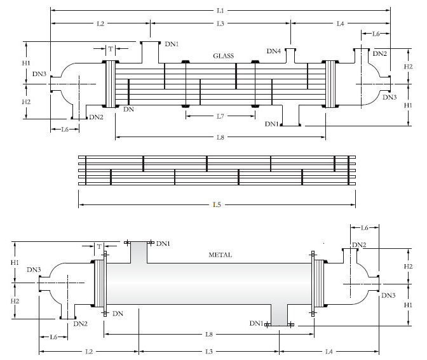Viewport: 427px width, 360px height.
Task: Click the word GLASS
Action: [223, 56]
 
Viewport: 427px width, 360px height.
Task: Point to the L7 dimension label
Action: [220, 116]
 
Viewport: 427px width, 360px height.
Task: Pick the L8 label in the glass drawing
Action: [220, 137]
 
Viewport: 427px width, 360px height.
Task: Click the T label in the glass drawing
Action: [111, 48]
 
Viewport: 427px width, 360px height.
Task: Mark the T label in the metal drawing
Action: [99, 246]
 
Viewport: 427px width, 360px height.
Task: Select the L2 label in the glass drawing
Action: [100, 23]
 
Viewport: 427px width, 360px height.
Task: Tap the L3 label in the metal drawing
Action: [208, 351]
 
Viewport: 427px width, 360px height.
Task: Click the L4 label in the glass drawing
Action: [340, 23]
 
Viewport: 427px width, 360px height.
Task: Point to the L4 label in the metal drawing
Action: [329, 351]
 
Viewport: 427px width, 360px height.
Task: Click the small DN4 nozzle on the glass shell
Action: [290, 56]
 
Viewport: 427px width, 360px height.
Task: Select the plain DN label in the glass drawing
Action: [128, 110]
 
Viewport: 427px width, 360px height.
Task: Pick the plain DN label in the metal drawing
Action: [118, 314]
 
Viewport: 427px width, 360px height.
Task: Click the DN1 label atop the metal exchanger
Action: [163, 244]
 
